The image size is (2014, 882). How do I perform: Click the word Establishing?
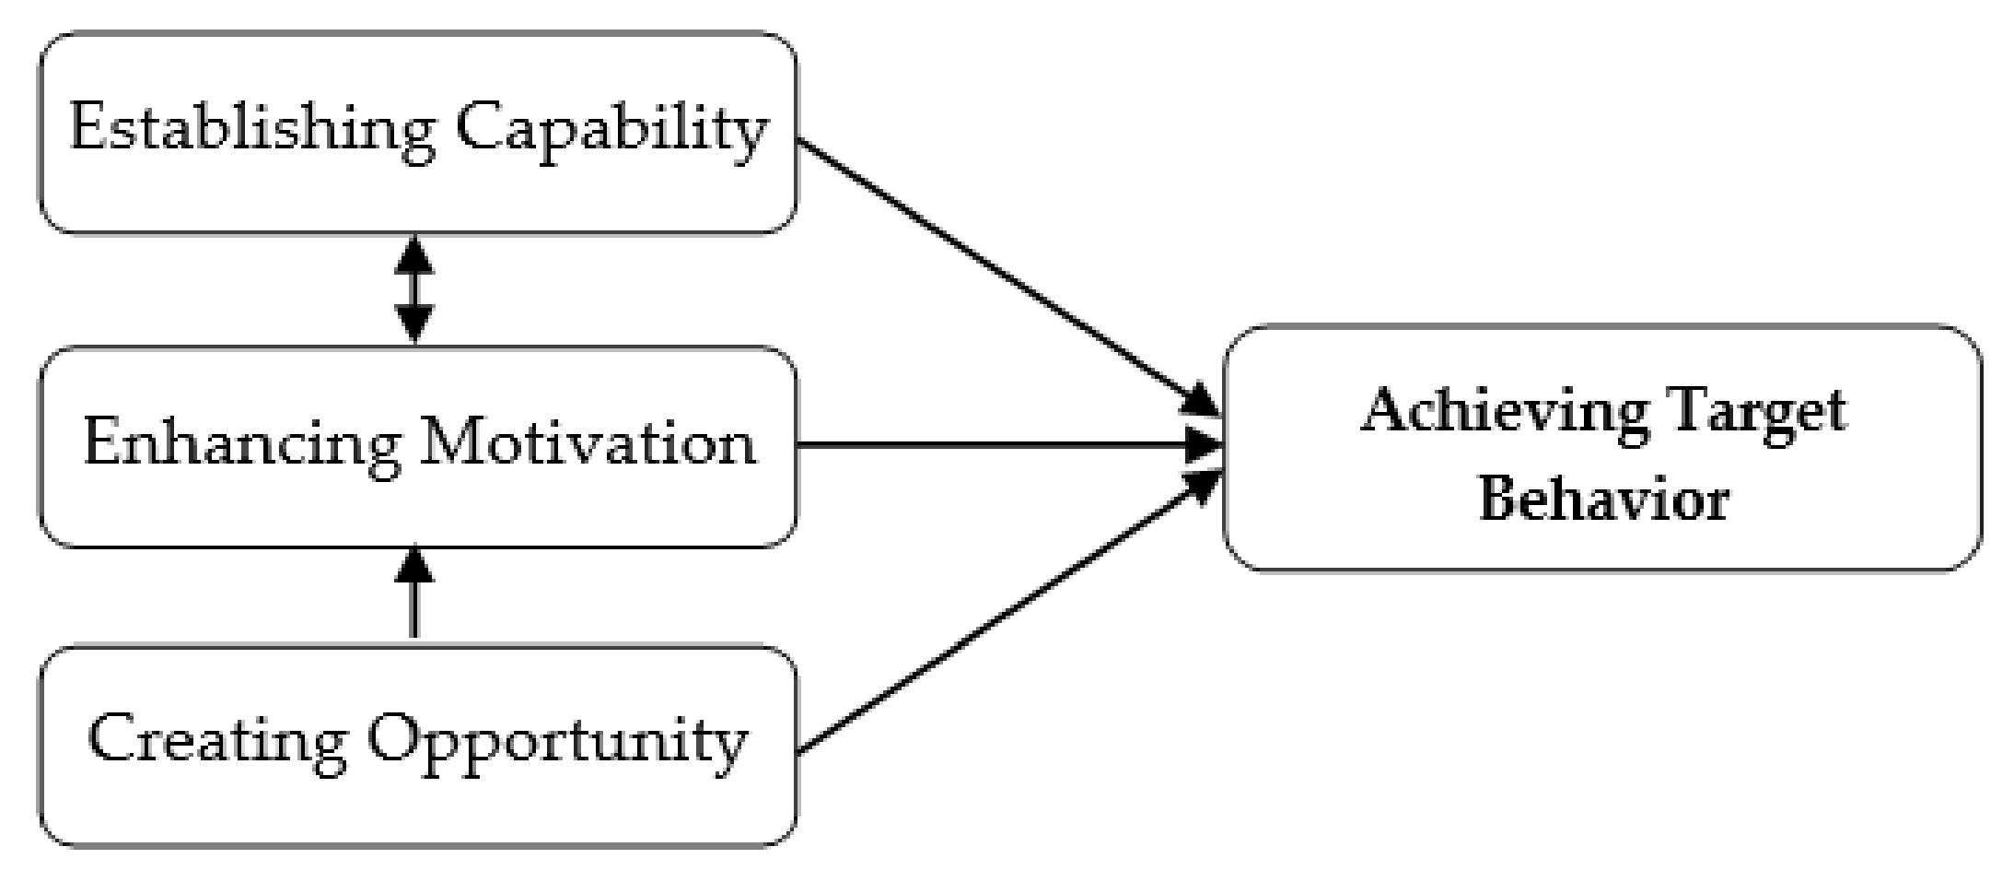tap(250, 129)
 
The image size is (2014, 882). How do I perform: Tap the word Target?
tap(1759, 413)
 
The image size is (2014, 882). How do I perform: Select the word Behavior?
tap(1603, 500)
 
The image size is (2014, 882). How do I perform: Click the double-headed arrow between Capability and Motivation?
tap(413, 289)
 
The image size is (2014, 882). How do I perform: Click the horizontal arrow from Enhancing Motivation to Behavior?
tap(1004, 446)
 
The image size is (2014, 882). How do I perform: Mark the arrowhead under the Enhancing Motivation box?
tap(413, 564)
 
